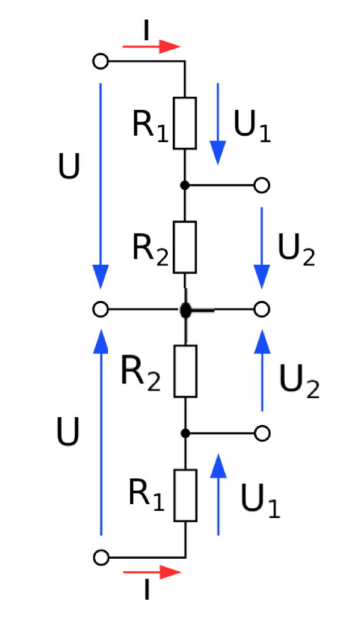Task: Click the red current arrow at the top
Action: [152, 46]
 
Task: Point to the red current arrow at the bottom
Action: [152, 572]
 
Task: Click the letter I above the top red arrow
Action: [146, 31]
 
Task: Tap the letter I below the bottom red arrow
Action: [147, 590]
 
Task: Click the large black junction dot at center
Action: [186, 310]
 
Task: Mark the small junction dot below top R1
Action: [184, 185]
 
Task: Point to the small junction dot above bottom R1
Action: [185, 433]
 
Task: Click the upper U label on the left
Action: [69, 166]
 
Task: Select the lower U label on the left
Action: [68, 432]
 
